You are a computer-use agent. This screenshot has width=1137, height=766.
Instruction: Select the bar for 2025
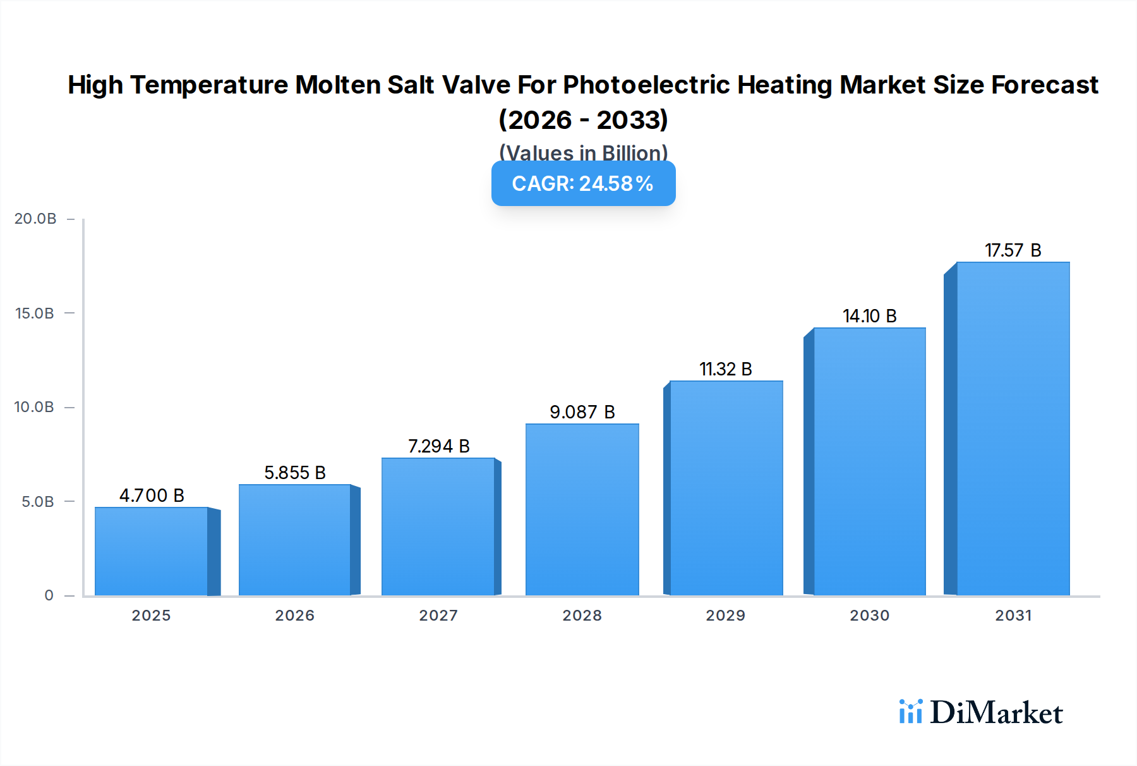(152, 551)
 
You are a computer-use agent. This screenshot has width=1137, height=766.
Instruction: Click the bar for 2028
(582, 509)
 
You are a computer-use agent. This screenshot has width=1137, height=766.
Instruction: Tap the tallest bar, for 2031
(1013, 429)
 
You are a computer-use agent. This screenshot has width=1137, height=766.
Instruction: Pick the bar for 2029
(726, 488)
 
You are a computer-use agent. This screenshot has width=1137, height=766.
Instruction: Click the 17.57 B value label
(1013, 250)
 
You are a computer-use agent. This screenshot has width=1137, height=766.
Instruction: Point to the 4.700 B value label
(152, 495)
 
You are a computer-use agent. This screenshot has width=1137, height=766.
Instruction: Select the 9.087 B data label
(582, 412)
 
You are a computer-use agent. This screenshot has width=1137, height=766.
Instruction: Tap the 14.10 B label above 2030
(869, 316)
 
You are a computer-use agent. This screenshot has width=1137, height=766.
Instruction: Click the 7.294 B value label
(438, 446)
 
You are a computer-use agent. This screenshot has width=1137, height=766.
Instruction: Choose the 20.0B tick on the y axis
(35, 219)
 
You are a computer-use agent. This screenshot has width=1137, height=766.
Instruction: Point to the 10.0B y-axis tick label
(34, 407)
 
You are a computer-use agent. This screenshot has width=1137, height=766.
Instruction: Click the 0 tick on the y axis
(49, 595)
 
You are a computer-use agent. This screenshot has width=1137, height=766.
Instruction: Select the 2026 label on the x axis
(294, 616)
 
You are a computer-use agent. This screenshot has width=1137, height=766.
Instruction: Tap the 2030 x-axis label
(869, 616)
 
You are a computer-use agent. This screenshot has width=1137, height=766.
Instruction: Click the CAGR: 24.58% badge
(583, 183)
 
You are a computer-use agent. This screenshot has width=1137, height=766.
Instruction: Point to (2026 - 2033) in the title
(583, 119)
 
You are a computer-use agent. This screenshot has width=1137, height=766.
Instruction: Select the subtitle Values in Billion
(583, 152)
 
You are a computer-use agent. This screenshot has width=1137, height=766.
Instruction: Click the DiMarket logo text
(996, 713)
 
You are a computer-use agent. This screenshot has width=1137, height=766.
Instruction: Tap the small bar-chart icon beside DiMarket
(910, 712)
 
